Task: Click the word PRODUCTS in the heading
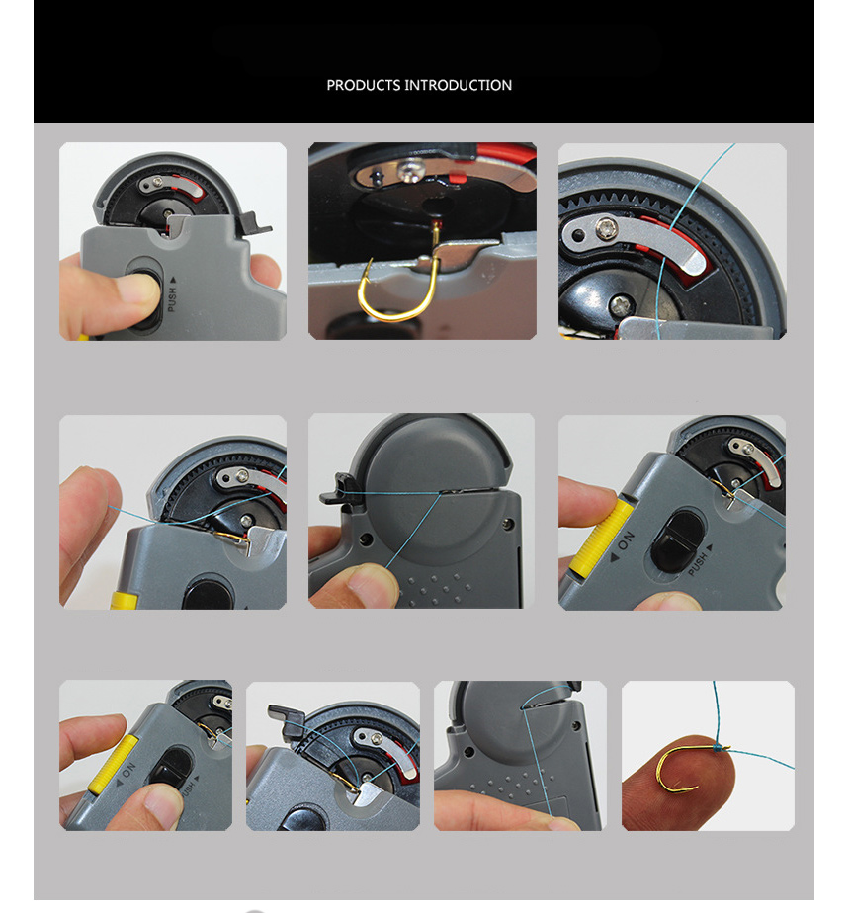coord(364,86)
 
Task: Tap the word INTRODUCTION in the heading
coord(459,86)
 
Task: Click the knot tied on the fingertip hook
coord(722,748)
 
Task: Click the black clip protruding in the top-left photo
coord(252,224)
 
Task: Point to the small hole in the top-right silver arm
coord(578,234)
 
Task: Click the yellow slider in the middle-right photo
coord(600,537)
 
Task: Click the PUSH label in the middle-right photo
coord(700,559)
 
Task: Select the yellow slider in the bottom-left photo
coord(113,764)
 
